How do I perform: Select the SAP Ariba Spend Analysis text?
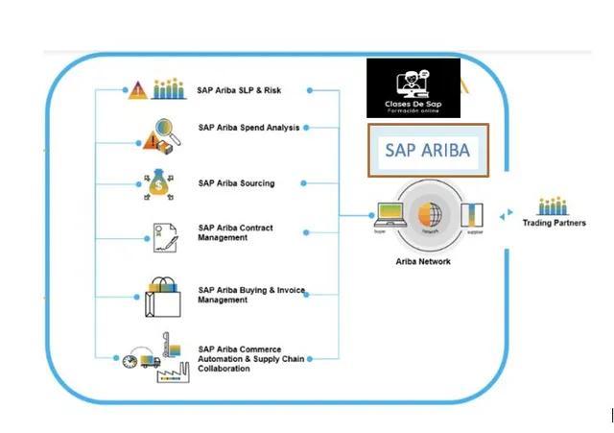(x=248, y=127)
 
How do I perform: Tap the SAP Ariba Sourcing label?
(x=236, y=182)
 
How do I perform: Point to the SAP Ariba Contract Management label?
(x=235, y=233)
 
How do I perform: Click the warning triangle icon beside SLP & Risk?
(x=137, y=91)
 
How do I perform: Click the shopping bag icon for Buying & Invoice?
(x=161, y=296)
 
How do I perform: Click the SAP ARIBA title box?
(x=429, y=151)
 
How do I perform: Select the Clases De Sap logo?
(x=413, y=88)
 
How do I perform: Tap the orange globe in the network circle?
(x=430, y=212)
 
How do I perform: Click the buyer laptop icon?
(x=389, y=214)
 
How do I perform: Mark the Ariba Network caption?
(x=423, y=261)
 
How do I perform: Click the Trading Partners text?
(x=554, y=223)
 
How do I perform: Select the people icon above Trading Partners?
(x=553, y=205)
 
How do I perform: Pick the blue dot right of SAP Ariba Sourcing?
(x=302, y=182)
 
